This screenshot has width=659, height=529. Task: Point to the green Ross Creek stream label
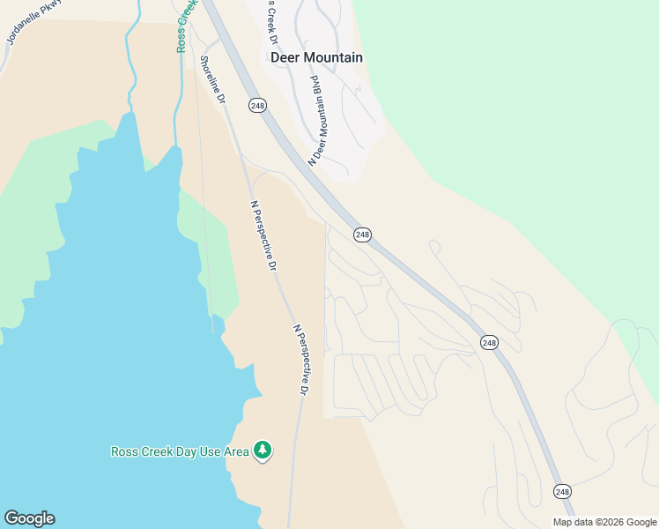pyautogui.click(x=185, y=26)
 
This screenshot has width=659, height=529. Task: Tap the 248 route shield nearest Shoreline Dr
pyautogui.click(x=257, y=106)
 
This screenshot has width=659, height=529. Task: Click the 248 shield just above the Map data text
pyautogui.click(x=562, y=490)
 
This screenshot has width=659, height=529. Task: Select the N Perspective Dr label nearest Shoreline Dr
pyautogui.click(x=263, y=235)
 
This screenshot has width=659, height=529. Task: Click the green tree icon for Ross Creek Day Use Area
pyautogui.click(x=262, y=451)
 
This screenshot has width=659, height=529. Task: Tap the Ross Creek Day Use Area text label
pyautogui.click(x=180, y=451)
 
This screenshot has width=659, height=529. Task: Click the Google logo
pyautogui.click(x=29, y=518)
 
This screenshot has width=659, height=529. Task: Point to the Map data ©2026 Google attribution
pyautogui.click(x=605, y=522)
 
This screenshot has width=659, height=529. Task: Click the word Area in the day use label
pyautogui.click(x=235, y=451)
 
